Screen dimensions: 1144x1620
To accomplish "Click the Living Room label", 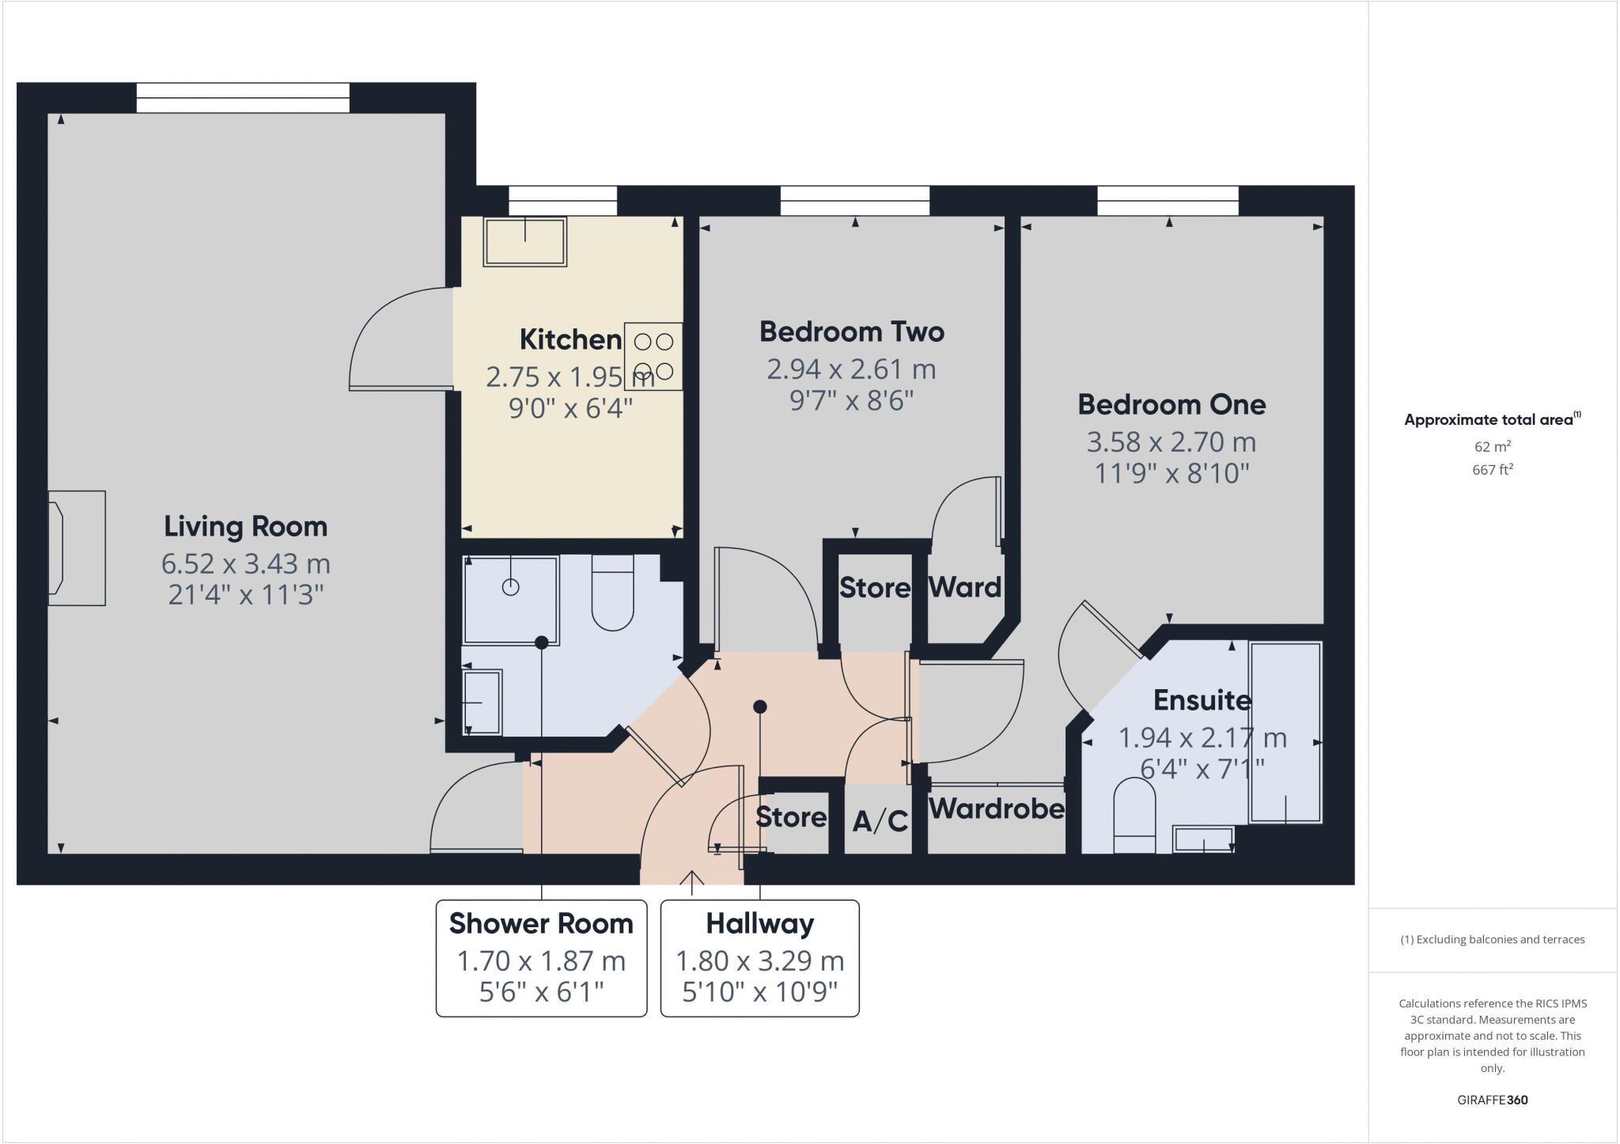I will pyautogui.click(x=245, y=526).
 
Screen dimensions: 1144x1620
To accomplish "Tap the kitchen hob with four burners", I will pyautogui.click(x=653, y=356).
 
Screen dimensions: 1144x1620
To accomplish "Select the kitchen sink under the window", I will pyautogui.click(x=525, y=242).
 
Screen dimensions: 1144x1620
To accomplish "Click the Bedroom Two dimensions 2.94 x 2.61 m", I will pyautogui.click(x=851, y=369).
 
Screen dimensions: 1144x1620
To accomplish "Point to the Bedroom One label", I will pyautogui.click(x=1171, y=404).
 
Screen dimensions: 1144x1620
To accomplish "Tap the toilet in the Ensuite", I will pyautogui.click(x=1134, y=815).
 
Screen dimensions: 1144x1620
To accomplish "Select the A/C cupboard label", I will pyautogui.click(x=880, y=821).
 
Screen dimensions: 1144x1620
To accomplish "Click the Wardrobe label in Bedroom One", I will pyautogui.click(x=996, y=809).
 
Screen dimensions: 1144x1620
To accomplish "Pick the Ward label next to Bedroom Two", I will pyautogui.click(x=964, y=587).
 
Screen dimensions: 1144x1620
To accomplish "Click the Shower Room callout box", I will pyautogui.click(x=541, y=957).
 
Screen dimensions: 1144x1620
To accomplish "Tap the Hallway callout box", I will pyautogui.click(x=759, y=957).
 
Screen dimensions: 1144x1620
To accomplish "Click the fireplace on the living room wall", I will pyautogui.click(x=77, y=548).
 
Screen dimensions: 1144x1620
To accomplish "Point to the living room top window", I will pyautogui.click(x=243, y=98).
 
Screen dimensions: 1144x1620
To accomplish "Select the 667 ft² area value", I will pyautogui.click(x=1493, y=469).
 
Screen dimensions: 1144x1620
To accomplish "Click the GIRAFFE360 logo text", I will pyautogui.click(x=1492, y=1100).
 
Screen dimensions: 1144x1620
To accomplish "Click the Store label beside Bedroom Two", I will pyautogui.click(x=874, y=588).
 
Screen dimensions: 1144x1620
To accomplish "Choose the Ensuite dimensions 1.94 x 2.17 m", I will pyautogui.click(x=1202, y=737).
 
